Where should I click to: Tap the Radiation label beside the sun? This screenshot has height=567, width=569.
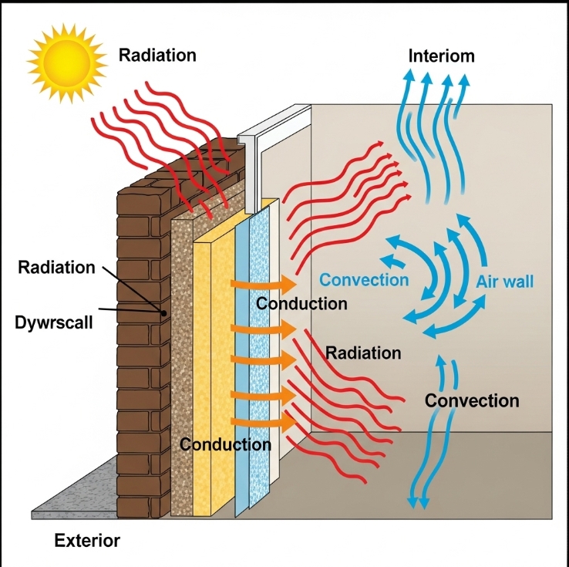pyautogui.click(x=157, y=55)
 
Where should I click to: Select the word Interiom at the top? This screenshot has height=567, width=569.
pyautogui.click(x=441, y=56)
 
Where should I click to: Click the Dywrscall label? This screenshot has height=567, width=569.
pyautogui.click(x=53, y=322)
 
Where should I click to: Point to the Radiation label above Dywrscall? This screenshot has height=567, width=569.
pyautogui.click(x=57, y=268)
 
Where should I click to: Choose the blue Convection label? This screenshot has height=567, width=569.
pyautogui.click(x=364, y=279)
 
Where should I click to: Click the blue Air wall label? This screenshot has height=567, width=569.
pyautogui.click(x=505, y=282)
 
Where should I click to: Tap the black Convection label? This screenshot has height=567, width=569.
pyautogui.click(x=472, y=401)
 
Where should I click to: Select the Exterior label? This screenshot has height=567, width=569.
pyautogui.click(x=87, y=541)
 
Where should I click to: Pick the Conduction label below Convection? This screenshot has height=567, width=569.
pyautogui.click(x=301, y=303)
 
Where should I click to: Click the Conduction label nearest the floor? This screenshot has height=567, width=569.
pyautogui.click(x=225, y=444)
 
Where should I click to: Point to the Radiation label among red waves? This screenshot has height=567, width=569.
pyautogui.click(x=363, y=353)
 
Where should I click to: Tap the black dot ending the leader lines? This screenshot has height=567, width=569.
pyautogui.click(x=164, y=313)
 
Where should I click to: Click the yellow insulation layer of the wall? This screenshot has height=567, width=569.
pyautogui.click(x=212, y=370)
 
